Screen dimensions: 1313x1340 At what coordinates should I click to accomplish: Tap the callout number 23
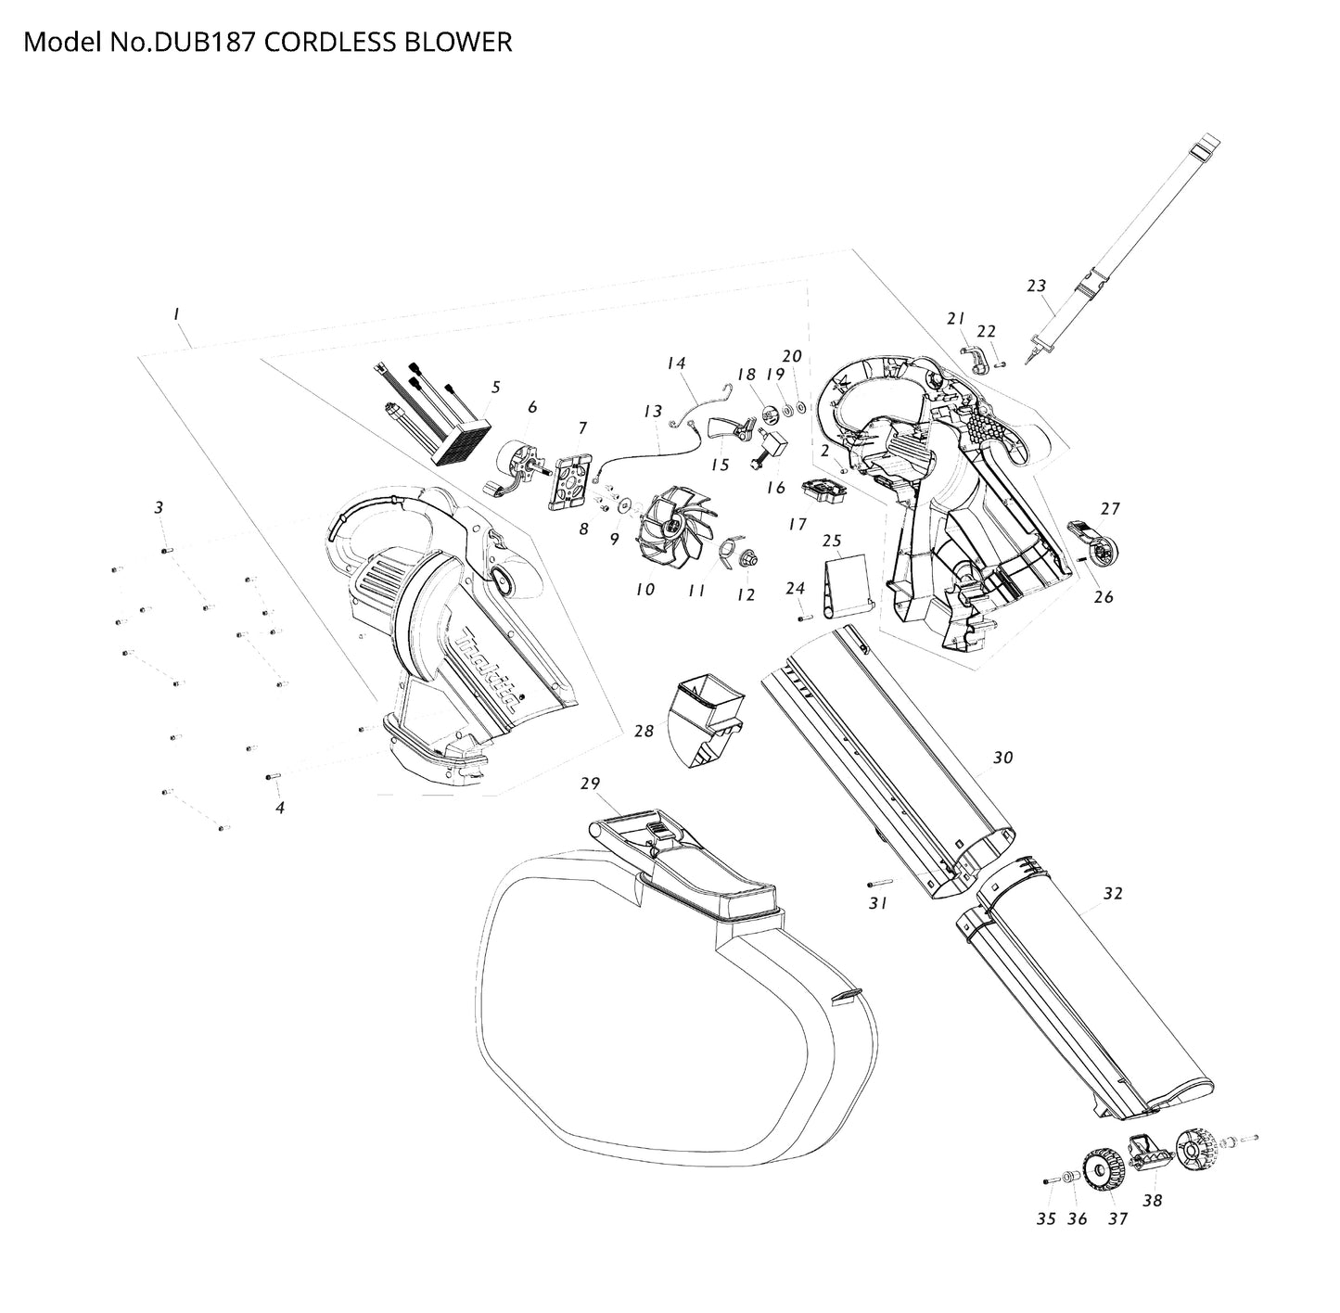(1037, 286)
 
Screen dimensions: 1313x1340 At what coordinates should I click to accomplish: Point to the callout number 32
(1113, 893)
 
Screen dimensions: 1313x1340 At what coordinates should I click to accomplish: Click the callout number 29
(591, 784)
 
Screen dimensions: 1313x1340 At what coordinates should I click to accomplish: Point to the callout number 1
(176, 315)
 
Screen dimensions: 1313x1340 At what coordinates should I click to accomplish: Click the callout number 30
(1002, 758)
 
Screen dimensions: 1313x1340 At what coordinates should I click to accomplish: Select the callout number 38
(1152, 1200)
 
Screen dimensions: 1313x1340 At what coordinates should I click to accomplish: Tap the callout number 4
(280, 808)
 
